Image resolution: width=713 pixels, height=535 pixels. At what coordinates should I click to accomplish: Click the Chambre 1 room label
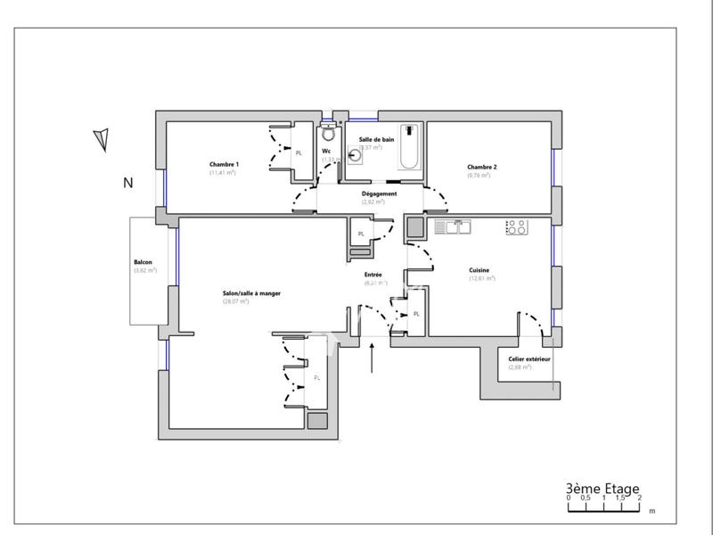(224, 164)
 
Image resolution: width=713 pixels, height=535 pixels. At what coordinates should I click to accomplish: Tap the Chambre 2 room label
(482, 167)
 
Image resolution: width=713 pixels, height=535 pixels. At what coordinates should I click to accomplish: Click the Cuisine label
(479, 269)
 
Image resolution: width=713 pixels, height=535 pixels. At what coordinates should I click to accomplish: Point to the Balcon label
(143, 262)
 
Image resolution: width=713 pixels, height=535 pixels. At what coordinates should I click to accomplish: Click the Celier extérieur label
(529, 358)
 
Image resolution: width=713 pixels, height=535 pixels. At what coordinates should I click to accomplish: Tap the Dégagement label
(379, 193)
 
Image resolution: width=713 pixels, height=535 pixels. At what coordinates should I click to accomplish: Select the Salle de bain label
(376, 140)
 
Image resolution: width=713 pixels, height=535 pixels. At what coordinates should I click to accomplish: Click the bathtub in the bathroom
(410, 148)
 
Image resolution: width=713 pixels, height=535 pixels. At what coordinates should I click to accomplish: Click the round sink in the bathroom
(356, 154)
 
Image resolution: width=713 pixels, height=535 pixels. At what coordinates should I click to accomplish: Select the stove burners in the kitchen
(516, 227)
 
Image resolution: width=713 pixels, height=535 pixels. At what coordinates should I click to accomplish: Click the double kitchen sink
(452, 227)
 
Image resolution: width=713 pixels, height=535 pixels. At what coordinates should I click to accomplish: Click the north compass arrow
(102, 139)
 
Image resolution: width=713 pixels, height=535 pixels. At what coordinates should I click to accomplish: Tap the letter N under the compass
(127, 183)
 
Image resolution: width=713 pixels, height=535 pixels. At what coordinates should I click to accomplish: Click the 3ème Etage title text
(602, 488)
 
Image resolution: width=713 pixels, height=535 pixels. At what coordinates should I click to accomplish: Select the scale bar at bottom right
(604, 506)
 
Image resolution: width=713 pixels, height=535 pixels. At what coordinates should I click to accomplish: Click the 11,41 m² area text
(222, 172)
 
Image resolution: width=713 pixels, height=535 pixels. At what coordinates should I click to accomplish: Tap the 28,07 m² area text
(235, 301)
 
